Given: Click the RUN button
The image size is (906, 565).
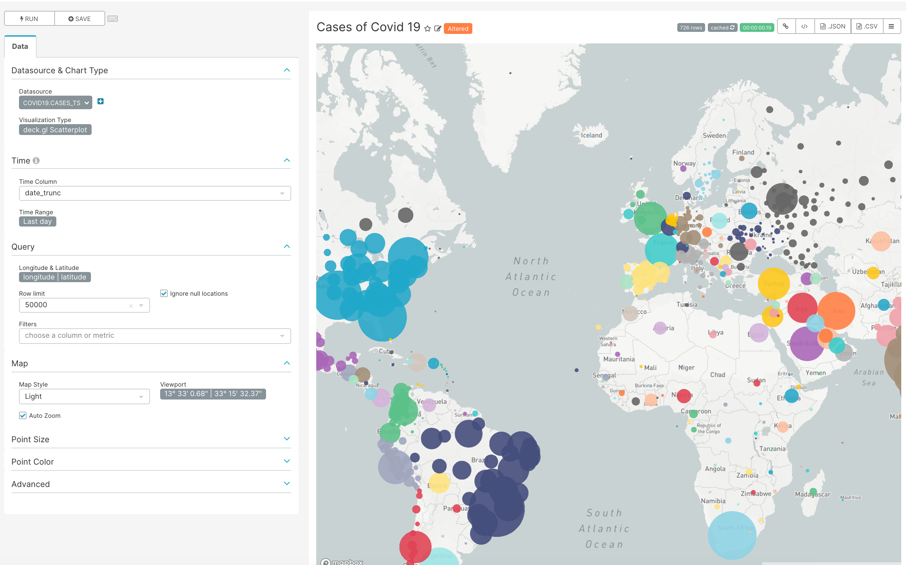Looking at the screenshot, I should pyautogui.click(x=29, y=19).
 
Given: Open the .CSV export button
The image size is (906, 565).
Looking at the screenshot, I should pyautogui.click(x=867, y=26).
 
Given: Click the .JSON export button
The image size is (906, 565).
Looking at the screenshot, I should pyautogui.click(x=832, y=26).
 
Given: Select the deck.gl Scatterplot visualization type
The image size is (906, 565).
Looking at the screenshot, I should pyautogui.click(x=55, y=130).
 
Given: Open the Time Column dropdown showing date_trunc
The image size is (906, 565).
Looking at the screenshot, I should pyautogui.click(x=154, y=193).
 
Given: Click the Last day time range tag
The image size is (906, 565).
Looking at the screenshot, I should pyautogui.click(x=37, y=221).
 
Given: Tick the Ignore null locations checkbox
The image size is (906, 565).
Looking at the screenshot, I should pyautogui.click(x=164, y=294).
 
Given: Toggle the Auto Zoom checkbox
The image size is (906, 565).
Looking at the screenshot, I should pyautogui.click(x=23, y=415).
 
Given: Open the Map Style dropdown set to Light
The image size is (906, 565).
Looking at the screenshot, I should pyautogui.click(x=84, y=396).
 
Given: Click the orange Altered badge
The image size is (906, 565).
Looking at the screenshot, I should pyautogui.click(x=458, y=29).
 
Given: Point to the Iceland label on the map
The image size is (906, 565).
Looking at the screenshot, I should pyautogui.click(x=591, y=135).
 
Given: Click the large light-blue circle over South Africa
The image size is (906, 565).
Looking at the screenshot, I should pyautogui.click(x=732, y=535).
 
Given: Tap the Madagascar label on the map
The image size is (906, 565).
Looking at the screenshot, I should pyautogui.click(x=812, y=494).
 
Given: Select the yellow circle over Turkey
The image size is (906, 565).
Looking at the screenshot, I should pyautogui.click(x=773, y=283).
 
